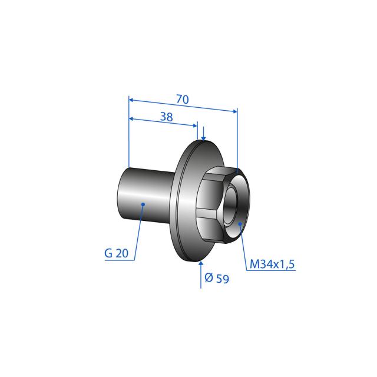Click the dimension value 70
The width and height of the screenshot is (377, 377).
click(183, 100)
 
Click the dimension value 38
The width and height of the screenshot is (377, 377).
click(166, 117)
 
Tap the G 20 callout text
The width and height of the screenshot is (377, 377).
click(117, 253)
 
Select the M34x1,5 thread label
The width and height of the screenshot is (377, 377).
click(272, 264)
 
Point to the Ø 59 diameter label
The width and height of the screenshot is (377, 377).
click(217, 279)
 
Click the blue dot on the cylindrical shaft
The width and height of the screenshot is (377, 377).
click(143, 204)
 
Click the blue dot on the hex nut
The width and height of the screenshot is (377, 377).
click(240, 224)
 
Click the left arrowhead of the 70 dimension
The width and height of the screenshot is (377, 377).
click(131, 100)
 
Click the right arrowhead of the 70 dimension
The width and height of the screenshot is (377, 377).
click(235, 111)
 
